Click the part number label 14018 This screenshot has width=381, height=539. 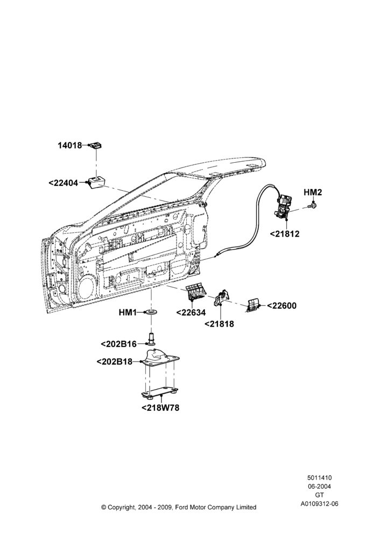point(69,146)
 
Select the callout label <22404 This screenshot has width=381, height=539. point(63,183)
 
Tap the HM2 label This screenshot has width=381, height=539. point(313,192)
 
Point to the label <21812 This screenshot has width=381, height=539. point(285,234)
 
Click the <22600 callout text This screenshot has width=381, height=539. point(281,306)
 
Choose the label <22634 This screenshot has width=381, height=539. point(191,313)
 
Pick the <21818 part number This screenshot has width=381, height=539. point(219,324)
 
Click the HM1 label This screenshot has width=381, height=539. point(128,313)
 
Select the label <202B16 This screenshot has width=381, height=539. point(119,344)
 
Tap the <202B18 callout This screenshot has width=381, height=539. point(114,362)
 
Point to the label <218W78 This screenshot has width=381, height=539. point(160,407)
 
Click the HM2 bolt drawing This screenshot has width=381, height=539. point(313,206)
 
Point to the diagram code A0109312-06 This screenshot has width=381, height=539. point(319,504)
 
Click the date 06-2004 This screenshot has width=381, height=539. point(319,486)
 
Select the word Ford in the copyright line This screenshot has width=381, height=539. point(182,507)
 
